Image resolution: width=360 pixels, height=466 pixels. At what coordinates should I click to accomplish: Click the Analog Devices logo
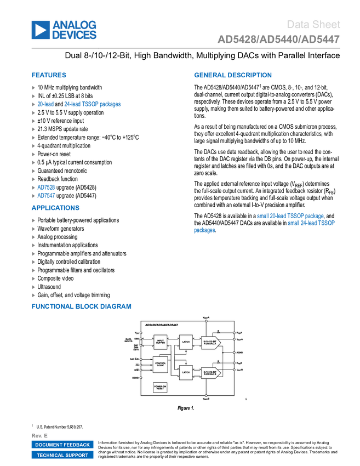coord(64,30)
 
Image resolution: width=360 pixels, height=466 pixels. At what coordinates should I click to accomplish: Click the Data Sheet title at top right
coord(313,24)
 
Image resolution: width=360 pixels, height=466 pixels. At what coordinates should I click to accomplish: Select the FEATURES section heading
coord(49,75)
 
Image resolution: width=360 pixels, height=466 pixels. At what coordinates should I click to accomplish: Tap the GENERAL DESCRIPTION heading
coord(232,75)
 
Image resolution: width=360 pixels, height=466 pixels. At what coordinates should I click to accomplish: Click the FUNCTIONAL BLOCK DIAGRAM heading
coord(81,306)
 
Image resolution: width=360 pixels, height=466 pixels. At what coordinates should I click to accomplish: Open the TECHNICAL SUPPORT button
coord(62,455)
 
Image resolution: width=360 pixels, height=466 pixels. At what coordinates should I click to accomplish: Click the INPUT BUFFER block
coord(161,342)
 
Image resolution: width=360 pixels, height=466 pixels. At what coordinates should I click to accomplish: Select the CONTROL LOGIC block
coord(161,363)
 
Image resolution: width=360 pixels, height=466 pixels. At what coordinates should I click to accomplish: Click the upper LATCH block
coord(186,342)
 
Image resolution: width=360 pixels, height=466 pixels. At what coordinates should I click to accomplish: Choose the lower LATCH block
coord(186,372)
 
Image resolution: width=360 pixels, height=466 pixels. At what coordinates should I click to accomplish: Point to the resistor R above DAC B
coord(219,362)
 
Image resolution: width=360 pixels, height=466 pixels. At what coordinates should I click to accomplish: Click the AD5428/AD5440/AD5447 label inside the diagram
coord(162,325)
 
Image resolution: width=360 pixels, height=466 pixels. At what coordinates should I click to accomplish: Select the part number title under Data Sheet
coord(278,39)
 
